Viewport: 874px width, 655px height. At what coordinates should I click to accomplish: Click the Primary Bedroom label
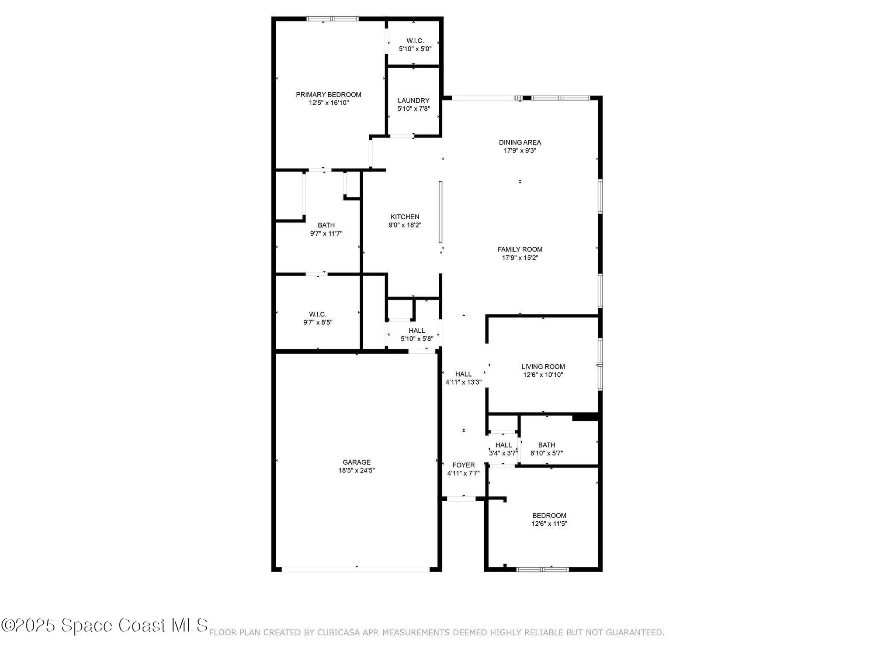[x=329, y=95]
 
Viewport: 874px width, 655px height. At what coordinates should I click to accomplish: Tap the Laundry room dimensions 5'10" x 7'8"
[x=413, y=109]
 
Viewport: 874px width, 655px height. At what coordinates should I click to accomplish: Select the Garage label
[x=357, y=462]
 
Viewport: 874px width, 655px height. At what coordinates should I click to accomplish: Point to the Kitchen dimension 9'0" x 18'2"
[x=405, y=225]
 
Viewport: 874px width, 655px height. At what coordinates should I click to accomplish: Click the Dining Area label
[x=520, y=142]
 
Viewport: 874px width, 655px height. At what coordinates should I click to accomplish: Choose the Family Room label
[x=520, y=249]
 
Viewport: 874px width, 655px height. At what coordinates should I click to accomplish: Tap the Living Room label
[x=543, y=367]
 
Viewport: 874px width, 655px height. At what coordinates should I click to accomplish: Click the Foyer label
[x=463, y=465]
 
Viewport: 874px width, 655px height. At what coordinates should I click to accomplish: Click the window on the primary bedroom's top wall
[x=333, y=19]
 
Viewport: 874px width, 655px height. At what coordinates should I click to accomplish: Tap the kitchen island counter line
[x=440, y=212]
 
